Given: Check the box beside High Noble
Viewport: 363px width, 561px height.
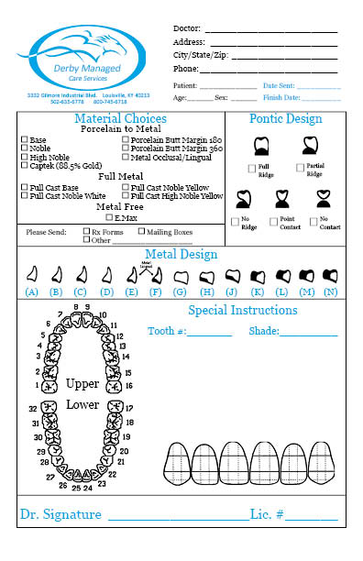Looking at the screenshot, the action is coord(25,157).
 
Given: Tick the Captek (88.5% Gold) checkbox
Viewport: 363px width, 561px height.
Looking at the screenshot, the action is coord(25,165).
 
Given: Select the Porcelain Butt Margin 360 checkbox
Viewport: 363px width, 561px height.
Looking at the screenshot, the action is coord(126,148).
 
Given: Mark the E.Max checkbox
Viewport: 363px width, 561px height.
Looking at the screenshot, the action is coord(109,218).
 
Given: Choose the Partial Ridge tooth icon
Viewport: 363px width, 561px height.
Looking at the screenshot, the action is coord(311,145).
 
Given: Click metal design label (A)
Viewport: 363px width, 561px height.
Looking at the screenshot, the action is coord(32,292).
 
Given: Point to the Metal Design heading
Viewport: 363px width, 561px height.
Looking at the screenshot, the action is coord(181,254).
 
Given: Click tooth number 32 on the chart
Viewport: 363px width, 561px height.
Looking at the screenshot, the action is coord(32,409).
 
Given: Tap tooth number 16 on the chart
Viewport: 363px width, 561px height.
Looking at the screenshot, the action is coord(127,388).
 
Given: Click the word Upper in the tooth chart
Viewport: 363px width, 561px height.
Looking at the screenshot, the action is coord(82,383).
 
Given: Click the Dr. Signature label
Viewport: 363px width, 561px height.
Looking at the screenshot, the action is coord(60,515).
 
